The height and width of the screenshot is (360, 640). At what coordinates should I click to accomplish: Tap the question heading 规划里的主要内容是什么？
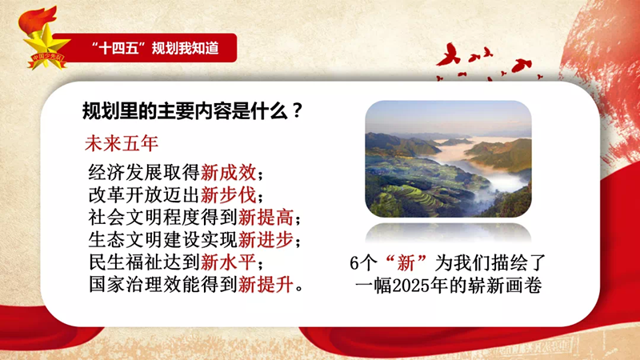192,110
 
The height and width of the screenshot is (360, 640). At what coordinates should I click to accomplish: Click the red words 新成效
229,172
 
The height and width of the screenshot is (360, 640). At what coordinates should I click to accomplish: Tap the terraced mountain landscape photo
448,160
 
